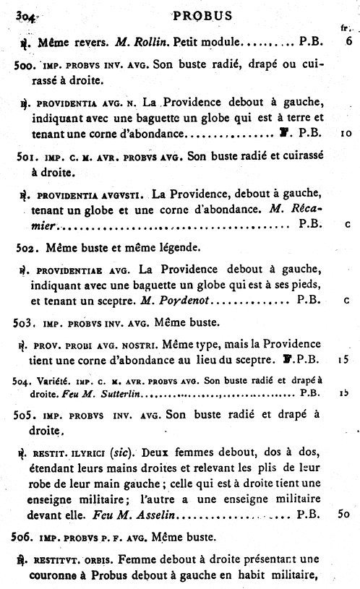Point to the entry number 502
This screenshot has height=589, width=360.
26,247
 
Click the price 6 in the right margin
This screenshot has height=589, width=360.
348,42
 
